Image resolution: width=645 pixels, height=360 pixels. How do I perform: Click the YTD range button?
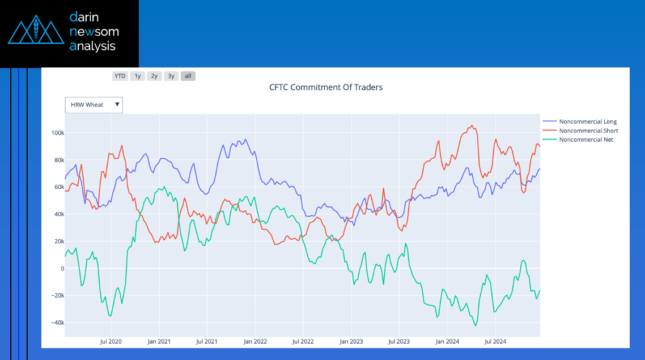[x=120, y=76]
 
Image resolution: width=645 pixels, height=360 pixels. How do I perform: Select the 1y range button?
[x=137, y=76]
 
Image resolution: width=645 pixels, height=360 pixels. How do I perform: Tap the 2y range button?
[x=154, y=76]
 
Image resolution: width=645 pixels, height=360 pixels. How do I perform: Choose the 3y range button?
[x=171, y=76]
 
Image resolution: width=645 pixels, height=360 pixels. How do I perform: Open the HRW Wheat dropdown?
[x=94, y=105]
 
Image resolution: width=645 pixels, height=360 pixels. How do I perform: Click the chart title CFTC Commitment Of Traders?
[x=326, y=87]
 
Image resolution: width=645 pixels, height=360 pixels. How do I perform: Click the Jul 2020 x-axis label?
[x=111, y=342]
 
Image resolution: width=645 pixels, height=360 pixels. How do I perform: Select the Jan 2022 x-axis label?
[x=255, y=342]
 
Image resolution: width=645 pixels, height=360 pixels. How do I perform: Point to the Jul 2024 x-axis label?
[x=495, y=342]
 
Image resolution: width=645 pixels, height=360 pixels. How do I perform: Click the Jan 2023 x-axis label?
[x=351, y=342]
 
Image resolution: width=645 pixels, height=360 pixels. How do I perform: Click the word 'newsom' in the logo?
[x=94, y=32]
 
